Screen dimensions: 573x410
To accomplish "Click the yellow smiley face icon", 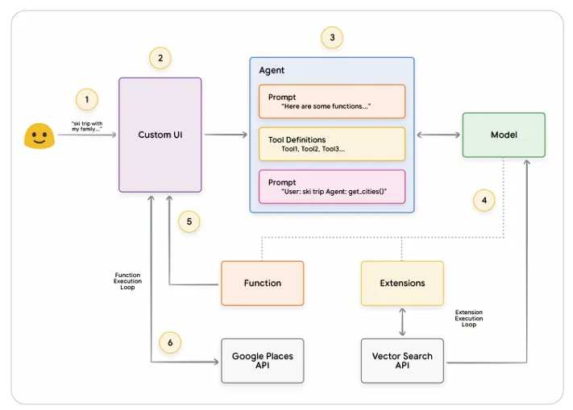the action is click(x=39, y=136).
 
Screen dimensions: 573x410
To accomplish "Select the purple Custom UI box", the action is click(x=160, y=135).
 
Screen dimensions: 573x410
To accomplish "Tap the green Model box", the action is click(x=504, y=135).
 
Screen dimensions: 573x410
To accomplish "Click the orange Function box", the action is click(x=263, y=284).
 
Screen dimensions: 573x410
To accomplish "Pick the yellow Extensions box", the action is click(x=402, y=284).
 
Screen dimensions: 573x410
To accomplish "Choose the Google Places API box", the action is click(x=263, y=361).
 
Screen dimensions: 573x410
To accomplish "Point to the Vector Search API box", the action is click(x=402, y=361).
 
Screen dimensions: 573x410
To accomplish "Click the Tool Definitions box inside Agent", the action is click(x=332, y=144).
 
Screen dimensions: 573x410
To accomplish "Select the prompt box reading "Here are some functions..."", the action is click(x=332, y=101).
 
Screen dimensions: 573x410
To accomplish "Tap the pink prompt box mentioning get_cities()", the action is click(x=332, y=187).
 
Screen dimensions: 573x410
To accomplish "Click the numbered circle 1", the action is click(x=87, y=99).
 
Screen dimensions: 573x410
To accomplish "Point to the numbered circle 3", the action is click(x=332, y=37).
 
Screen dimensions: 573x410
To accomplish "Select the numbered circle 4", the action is click(x=484, y=200).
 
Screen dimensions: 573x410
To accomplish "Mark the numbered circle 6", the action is click(x=170, y=342).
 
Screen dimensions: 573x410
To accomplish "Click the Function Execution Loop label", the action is click(x=127, y=281).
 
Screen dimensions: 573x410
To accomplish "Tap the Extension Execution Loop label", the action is click(x=469, y=318).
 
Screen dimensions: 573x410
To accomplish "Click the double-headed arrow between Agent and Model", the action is click(x=438, y=135).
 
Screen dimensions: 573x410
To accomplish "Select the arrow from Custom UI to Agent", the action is click(x=226, y=135).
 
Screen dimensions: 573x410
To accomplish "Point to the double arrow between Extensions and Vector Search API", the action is click(x=402, y=322).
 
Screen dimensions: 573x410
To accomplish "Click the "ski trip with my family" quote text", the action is click(x=87, y=126).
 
